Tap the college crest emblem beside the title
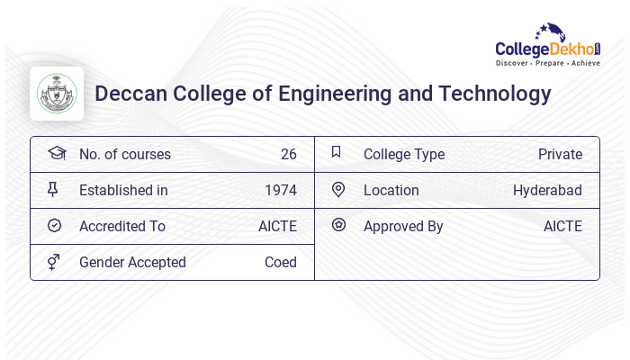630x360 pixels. click(57, 94)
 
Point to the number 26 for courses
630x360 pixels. click(288, 155)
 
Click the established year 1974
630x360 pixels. click(280, 191)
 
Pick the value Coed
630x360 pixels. click(280, 263)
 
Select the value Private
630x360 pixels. click(560, 155)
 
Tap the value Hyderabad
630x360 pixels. click(547, 191)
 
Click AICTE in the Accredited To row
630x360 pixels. click(277, 227)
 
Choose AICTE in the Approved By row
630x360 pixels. click(562, 227)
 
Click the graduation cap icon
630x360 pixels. click(56, 153)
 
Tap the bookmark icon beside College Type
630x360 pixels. click(337, 152)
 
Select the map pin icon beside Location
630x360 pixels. click(338, 189)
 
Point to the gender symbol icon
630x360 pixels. click(54, 262)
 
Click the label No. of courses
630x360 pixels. click(124, 155)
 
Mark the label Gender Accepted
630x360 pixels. click(132, 263)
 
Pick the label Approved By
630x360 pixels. click(403, 227)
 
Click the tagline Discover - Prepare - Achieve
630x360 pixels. click(547, 63)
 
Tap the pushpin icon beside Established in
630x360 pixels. click(53, 189)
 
